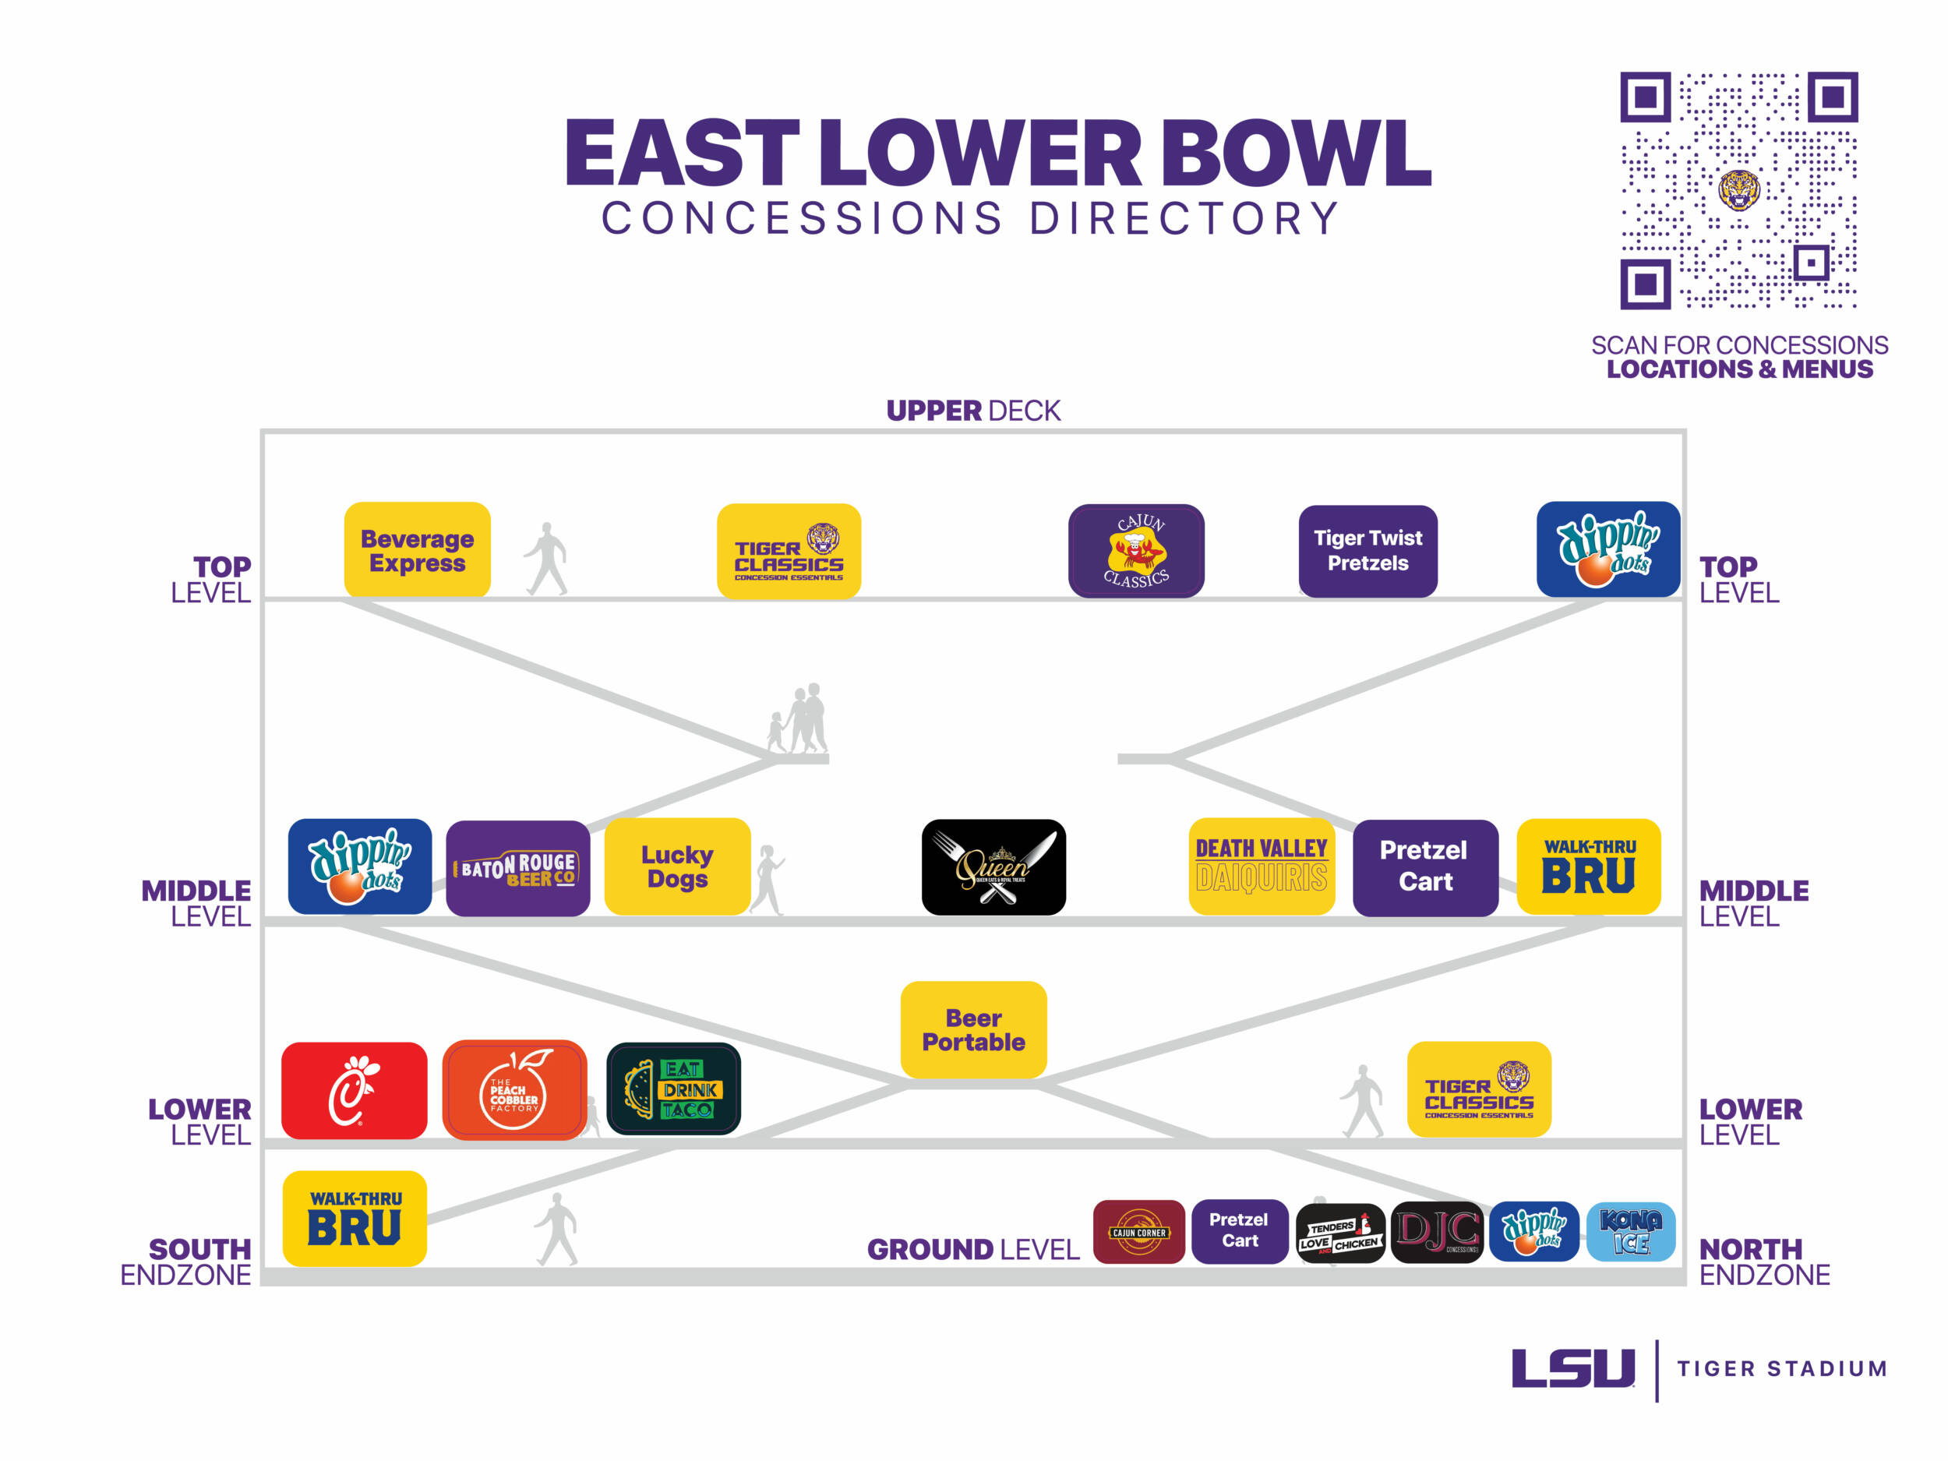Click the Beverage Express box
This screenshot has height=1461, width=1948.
pos(417,550)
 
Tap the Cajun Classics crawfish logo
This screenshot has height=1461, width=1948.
pos(1136,552)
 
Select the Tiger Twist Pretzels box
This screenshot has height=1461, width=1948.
pos(1367,552)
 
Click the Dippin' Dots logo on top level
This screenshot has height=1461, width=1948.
pos(1608,549)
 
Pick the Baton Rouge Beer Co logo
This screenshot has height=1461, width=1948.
pos(518,868)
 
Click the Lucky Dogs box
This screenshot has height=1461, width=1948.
pos(677,866)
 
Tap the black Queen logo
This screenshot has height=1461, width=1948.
pos(993,867)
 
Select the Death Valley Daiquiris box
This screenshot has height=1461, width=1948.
pos(1261,866)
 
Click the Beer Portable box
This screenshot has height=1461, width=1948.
pos(973,1029)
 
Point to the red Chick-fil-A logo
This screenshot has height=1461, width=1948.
pos(354,1090)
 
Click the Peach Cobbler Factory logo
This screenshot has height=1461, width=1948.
pos(514,1090)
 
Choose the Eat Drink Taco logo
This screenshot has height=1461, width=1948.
pos(674,1089)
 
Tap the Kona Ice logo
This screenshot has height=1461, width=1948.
pos(1630,1231)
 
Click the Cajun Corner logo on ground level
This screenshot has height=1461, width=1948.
pos(1138,1232)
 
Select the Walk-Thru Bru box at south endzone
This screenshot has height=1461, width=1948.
pos(354,1219)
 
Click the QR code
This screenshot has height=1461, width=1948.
pos(1738,191)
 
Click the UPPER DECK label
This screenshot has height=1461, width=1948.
pos(973,411)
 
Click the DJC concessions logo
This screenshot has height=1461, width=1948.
pos(1437,1232)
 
